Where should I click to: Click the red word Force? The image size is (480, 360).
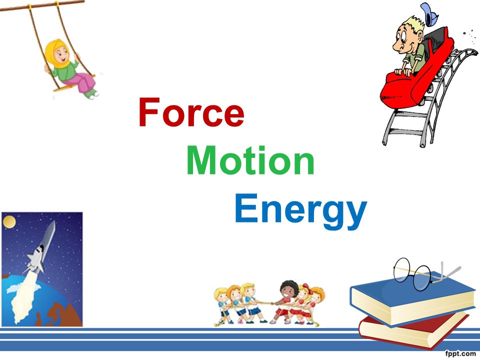click(x=191, y=113)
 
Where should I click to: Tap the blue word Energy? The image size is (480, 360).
click(x=300, y=210)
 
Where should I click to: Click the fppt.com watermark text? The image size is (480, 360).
click(x=460, y=354)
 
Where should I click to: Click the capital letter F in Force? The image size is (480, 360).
click(x=148, y=113)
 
